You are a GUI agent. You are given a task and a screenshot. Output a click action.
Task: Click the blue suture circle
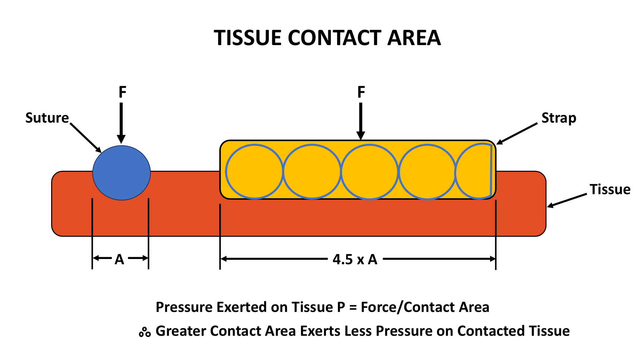pos(122,173)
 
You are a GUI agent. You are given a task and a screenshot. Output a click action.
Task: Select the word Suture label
pos(47,118)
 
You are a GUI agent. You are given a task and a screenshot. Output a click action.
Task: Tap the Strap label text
pos(559,118)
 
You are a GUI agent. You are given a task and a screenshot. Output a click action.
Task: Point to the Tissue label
pos(610,189)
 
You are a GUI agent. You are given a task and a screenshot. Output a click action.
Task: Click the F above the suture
pos(122,92)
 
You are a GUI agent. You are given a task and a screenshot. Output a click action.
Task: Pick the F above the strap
pos(361,92)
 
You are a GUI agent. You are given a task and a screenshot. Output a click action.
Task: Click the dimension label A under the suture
pos(119,259)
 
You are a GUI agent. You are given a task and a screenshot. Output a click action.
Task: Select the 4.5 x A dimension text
pos(355,259)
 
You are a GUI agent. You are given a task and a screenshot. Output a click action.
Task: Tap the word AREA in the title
pos(414,38)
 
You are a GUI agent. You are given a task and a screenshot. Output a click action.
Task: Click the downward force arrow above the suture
pos(122,123)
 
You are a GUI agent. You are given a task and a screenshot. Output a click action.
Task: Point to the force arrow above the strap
pos(361,121)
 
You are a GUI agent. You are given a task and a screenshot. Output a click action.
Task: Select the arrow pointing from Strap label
pos(517,133)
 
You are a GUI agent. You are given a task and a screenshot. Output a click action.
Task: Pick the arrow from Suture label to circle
pos(86,138)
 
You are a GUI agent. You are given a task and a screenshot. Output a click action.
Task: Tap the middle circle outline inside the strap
pos(370,144)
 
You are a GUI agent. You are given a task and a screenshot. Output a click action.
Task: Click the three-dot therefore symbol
pos(145,332)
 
